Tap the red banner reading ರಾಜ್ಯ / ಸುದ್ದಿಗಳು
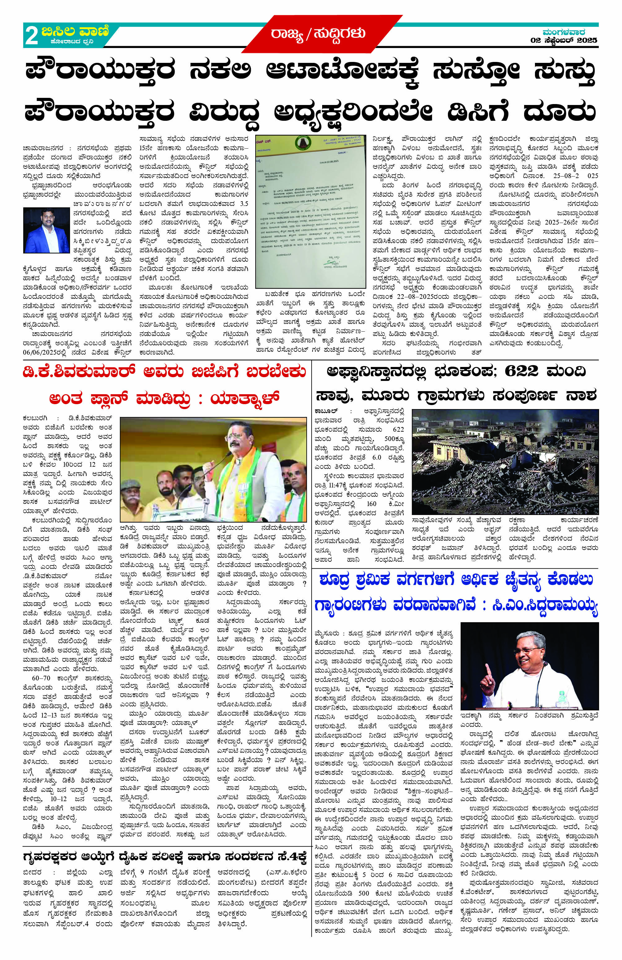(318, 34)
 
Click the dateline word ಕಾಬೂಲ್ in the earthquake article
(326, 412)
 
